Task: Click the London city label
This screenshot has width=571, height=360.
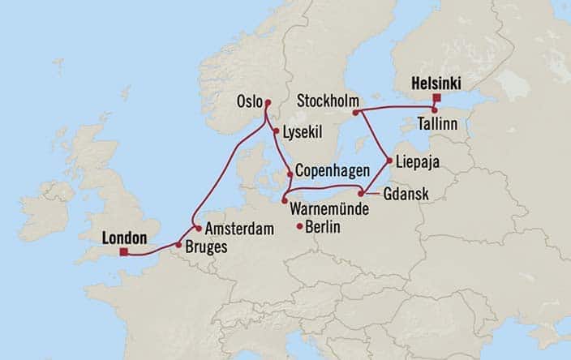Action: point(125,238)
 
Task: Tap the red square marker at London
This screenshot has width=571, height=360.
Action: point(123,252)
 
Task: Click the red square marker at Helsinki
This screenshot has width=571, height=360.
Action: point(436,98)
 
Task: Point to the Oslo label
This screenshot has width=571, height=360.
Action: point(249,103)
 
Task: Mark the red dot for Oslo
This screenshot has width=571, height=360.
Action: point(268,103)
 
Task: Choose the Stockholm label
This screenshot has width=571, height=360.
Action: point(326,101)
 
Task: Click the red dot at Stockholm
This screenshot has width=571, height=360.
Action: point(356,112)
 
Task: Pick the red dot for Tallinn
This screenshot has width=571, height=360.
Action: point(435,109)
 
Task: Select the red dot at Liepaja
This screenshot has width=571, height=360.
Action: point(389,160)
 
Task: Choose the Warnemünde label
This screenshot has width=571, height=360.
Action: point(328,209)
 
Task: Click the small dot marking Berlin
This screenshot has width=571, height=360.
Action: point(300,226)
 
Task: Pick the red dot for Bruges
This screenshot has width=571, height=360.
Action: point(178,244)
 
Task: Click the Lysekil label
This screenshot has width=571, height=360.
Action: point(305,131)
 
